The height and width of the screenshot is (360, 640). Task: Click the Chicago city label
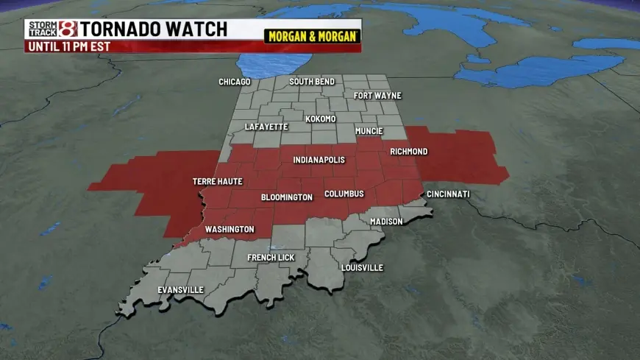[235, 82]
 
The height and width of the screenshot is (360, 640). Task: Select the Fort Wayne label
[372, 96]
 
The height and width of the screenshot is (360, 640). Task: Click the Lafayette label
[266, 127]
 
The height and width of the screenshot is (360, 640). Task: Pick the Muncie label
[369, 132]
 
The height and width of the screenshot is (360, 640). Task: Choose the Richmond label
[408, 152]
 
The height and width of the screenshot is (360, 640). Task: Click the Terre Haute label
[218, 181]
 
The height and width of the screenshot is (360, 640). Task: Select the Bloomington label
[287, 198]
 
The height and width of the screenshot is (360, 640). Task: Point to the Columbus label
[344, 194]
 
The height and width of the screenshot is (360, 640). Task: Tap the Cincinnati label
[448, 194]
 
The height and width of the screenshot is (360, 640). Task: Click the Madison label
[386, 222]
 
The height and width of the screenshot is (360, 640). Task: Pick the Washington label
[230, 230]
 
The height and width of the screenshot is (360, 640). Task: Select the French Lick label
[271, 258]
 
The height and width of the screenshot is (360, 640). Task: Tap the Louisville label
[362, 268]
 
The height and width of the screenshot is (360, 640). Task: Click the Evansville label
[181, 290]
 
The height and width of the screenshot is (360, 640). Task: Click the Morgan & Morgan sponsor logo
[313, 36]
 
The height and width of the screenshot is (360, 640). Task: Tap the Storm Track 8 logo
[51, 29]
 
